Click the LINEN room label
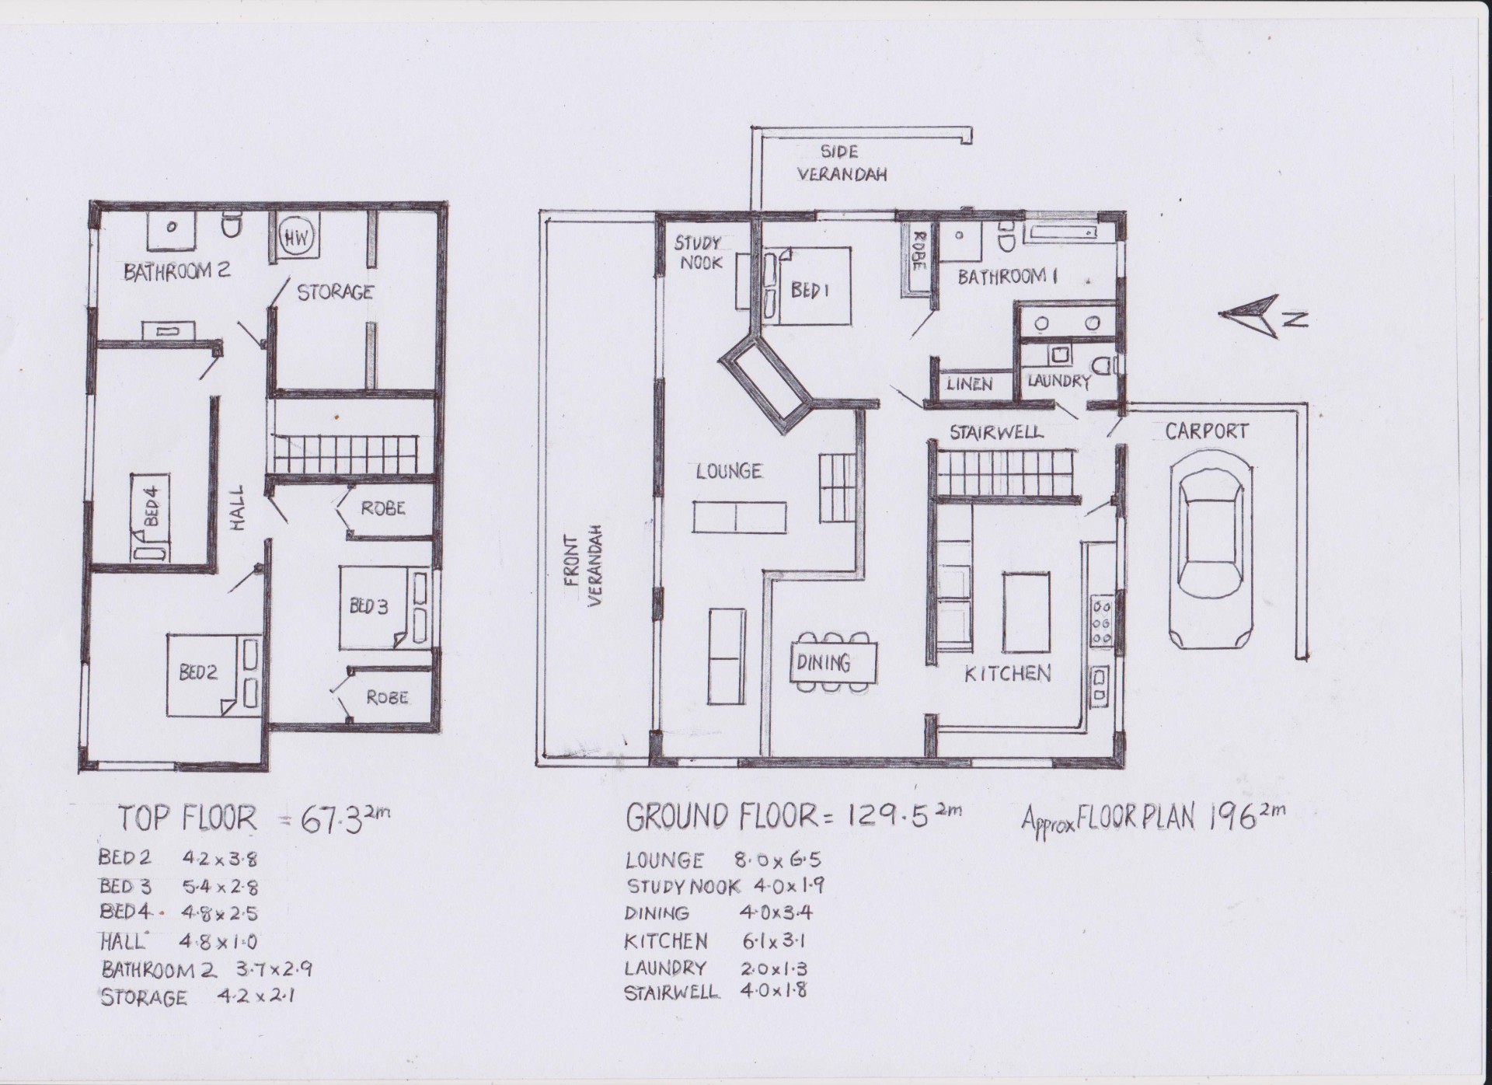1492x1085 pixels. [x=969, y=383]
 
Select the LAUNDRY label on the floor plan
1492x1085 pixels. [x=1058, y=381]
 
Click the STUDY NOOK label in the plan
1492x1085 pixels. [x=699, y=253]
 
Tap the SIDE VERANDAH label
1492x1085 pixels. [x=842, y=163]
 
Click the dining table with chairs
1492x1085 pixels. [x=835, y=661]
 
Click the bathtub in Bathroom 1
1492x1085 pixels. [x=1062, y=232]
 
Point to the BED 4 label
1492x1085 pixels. [x=152, y=505]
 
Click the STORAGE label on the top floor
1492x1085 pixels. [x=335, y=292]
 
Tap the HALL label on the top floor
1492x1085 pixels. [x=238, y=508]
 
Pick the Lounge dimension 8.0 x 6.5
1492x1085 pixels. [x=778, y=860]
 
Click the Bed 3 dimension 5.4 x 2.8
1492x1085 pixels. [x=220, y=886]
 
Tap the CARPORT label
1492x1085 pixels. [x=1207, y=431]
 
